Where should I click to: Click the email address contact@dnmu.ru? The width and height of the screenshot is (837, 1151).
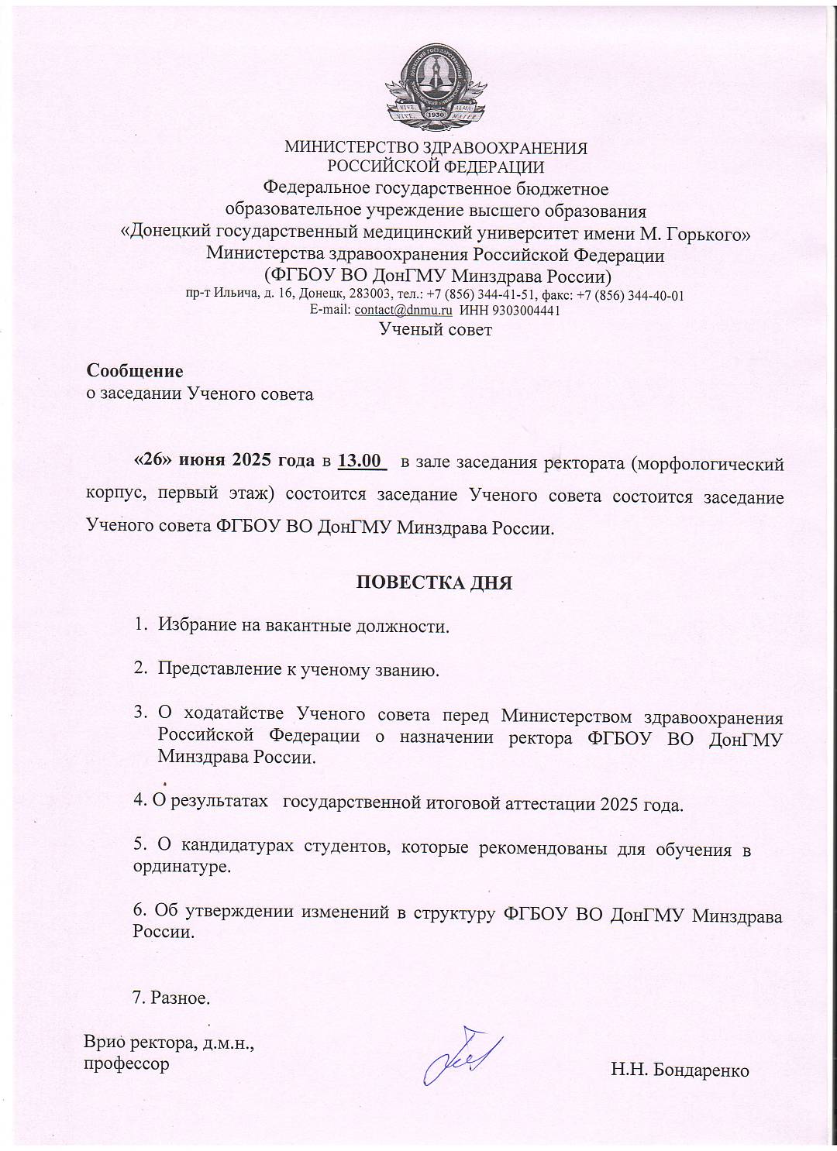[x=403, y=311]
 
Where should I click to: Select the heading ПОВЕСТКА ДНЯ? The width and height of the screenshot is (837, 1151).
[x=434, y=582]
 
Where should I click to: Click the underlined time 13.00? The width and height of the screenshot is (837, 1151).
[x=361, y=462]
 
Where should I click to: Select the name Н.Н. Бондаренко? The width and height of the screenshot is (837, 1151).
[x=680, y=1070]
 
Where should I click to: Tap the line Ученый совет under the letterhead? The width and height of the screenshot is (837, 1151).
[x=435, y=330]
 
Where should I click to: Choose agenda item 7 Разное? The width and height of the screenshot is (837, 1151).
[x=172, y=998]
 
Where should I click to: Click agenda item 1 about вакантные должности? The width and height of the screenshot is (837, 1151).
[x=303, y=626]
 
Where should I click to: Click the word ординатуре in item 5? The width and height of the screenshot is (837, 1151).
[x=182, y=867]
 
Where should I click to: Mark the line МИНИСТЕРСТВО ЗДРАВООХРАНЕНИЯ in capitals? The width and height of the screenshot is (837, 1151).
[x=436, y=147]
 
